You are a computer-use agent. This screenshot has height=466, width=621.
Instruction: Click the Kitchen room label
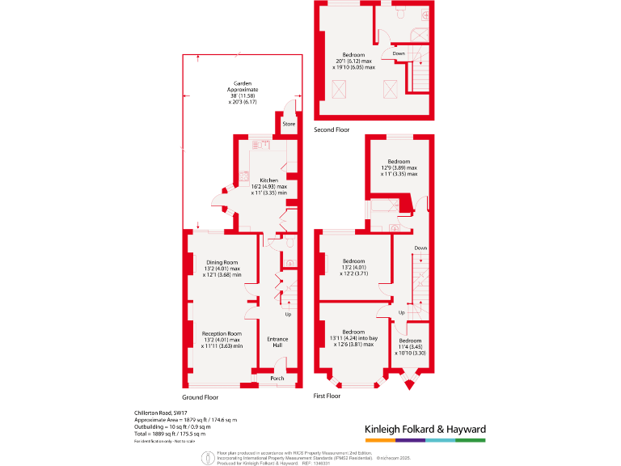(x=269, y=180)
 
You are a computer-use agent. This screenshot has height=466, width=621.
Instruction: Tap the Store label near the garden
(x=289, y=124)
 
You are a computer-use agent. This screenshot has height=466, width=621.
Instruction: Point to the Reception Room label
(x=222, y=333)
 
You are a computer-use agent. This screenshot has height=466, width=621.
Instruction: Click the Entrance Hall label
(x=277, y=342)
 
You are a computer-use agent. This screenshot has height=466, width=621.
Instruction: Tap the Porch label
(x=277, y=378)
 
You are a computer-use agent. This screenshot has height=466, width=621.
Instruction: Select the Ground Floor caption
(x=200, y=397)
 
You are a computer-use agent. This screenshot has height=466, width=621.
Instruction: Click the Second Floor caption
(x=332, y=129)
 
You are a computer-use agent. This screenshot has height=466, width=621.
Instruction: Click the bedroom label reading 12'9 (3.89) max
(x=399, y=162)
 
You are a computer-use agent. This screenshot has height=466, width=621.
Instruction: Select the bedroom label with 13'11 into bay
(x=353, y=333)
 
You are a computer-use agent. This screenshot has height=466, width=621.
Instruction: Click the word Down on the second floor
(x=399, y=53)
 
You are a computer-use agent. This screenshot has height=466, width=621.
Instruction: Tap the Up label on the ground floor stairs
(x=288, y=314)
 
